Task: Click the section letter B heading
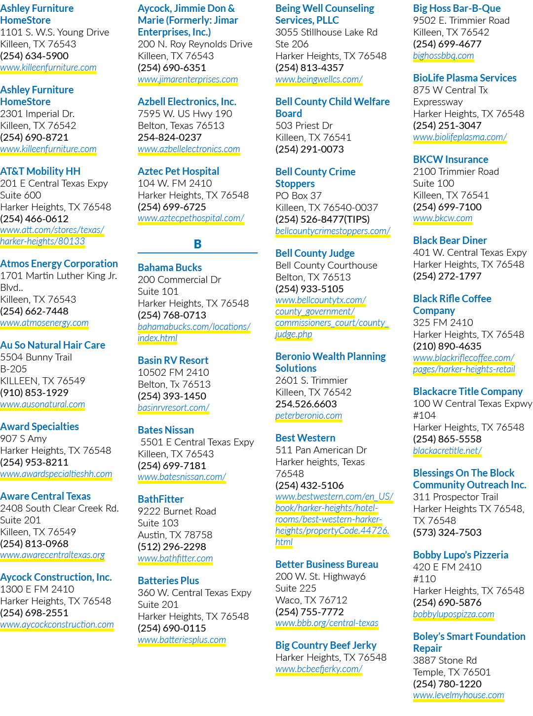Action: tap(197, 244)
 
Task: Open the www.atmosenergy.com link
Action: tap(44, 323)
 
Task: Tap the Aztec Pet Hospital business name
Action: tap(179, 171)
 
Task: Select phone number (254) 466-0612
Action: tap(34, 219)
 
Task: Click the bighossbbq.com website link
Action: tap(443, 55)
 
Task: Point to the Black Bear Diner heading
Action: tap(450, 240)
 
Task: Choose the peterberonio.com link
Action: tap(308, 415)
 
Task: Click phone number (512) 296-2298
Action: tap(172, 547)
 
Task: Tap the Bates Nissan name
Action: tap(166, 430)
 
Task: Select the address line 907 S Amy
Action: tap(24, 438)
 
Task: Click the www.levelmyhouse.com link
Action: tap(458, 695)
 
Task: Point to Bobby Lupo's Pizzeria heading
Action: tap(460, 555)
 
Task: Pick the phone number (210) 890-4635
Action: tap(447, 346)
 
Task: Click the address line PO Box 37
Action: tap(299, 196)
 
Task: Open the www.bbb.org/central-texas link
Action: tap(327, 623)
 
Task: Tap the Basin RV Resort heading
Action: tap(173, 360)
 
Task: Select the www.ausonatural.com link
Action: tap(42, 404)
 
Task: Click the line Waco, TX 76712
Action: tap(311, 600)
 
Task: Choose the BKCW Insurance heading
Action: tap(451, 159)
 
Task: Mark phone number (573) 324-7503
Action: tap(447, 532)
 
